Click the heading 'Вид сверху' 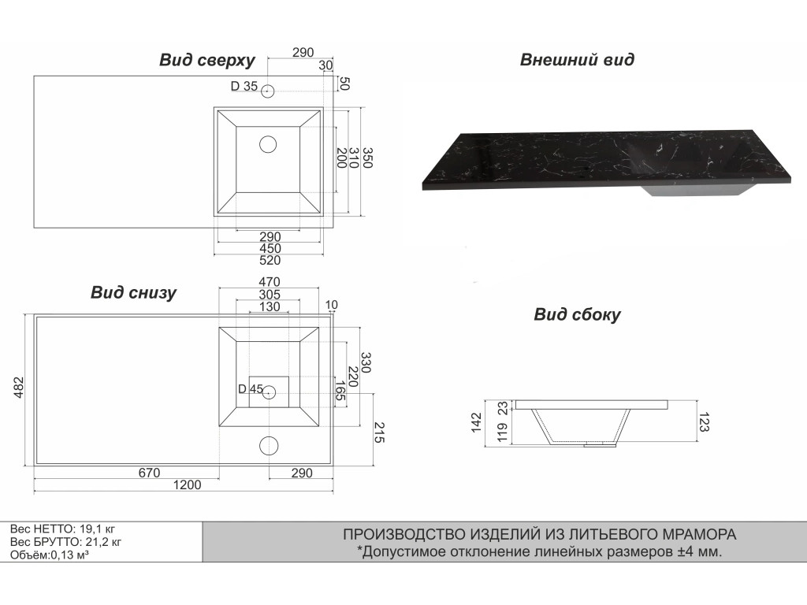[206, 61]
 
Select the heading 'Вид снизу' [133, 293]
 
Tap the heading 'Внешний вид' [577, 60]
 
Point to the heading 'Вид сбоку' [577, 315]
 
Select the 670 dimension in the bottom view [149, 473]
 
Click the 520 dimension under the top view [270, 260]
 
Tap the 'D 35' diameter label [244, 87]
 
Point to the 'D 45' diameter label [250, 389]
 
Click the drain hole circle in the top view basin [269, 144]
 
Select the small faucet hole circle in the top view [268, 91]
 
